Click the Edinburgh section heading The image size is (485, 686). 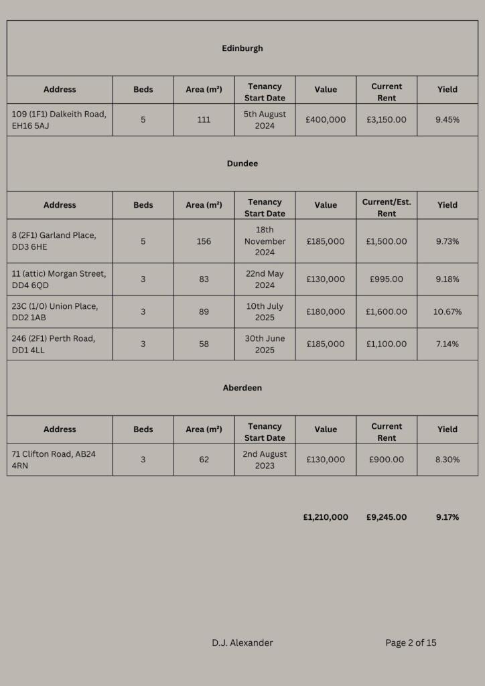242,48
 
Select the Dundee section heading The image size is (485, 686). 242,163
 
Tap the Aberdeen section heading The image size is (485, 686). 242,388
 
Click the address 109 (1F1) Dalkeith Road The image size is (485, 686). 59,120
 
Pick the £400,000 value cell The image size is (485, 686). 326,120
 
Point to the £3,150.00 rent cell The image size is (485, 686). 387,120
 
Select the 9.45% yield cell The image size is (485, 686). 447,120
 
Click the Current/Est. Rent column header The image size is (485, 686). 387,208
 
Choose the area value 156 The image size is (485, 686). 204,241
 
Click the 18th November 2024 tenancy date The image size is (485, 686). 265,241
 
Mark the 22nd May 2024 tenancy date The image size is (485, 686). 265,279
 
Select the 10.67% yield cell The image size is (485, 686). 447,312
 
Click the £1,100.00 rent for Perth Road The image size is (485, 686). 387,344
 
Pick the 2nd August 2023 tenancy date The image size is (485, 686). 265,460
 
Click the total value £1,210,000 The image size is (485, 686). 326,517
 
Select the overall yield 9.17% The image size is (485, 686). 447,517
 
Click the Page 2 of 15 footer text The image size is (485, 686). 411,643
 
